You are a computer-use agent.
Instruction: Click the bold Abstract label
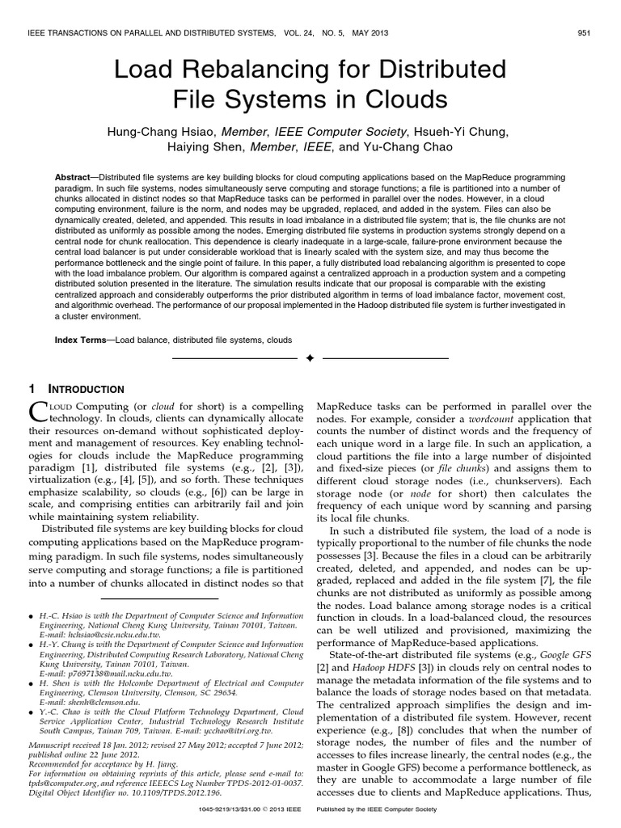(78, 176)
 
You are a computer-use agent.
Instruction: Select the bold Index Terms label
(83, 340)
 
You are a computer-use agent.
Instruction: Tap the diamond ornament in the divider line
(310, 358)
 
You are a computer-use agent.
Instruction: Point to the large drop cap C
(40, 412)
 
